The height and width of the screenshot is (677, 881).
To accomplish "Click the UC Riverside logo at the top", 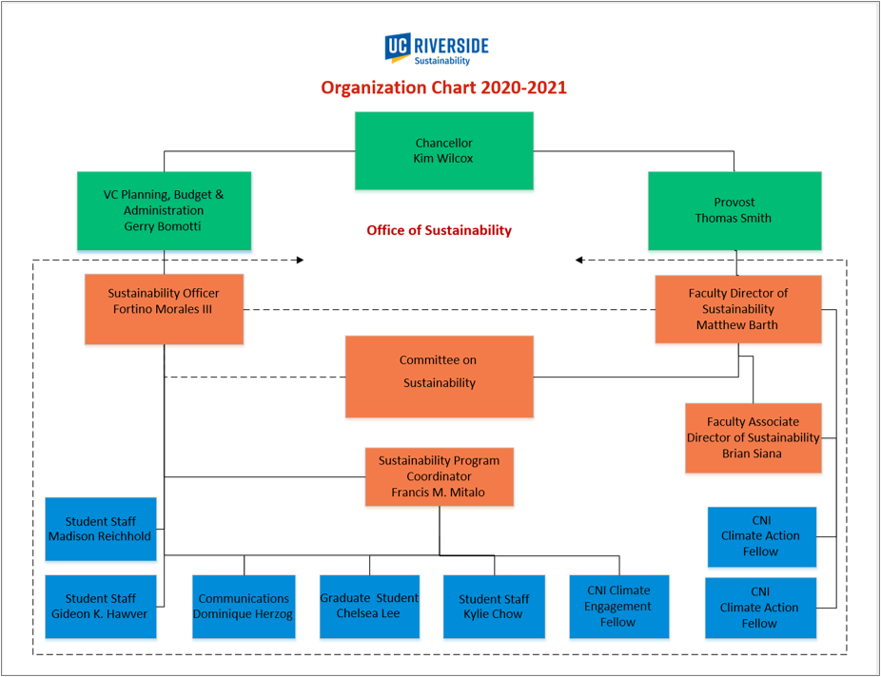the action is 437,48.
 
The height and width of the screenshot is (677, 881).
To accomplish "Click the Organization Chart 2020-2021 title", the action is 444,87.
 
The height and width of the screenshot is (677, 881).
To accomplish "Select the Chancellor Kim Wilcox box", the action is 444,150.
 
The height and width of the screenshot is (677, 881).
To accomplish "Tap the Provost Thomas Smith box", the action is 734,210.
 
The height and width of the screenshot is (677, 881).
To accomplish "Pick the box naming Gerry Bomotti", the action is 164,210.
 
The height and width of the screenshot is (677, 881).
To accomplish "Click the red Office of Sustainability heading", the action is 440,230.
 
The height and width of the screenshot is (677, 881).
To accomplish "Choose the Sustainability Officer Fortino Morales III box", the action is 164,309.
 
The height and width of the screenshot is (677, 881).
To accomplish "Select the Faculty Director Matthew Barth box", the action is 738,309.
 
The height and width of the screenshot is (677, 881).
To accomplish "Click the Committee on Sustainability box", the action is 440,377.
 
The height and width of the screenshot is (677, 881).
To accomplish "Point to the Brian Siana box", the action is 754,437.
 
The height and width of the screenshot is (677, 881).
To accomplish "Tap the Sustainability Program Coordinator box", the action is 440,476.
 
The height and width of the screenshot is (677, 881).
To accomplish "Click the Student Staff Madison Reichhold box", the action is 101,529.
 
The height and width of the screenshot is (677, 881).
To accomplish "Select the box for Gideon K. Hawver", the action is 101,607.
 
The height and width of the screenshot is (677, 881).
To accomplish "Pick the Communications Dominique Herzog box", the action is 244,607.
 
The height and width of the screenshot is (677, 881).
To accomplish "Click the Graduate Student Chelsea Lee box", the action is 370,607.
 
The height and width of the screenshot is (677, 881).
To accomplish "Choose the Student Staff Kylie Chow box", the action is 494,607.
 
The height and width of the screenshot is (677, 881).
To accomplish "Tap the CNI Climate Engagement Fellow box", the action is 619,607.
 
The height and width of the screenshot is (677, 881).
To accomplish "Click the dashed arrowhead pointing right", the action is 301,260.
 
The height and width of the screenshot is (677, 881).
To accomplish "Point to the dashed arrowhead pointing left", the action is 579,260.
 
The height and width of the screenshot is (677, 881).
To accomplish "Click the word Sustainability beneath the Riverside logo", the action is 442,61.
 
